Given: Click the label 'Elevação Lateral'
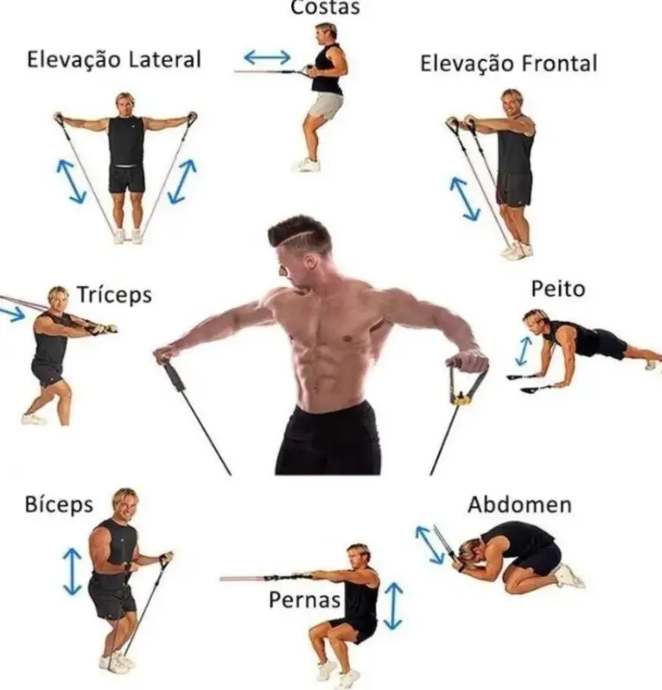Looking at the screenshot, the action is [114, 60].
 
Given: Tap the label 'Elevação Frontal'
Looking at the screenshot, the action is [509, 63].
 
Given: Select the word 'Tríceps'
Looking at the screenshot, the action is [115, 294].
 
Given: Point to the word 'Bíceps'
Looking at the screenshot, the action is [59, 504].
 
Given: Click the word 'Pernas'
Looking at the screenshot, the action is [305, 599].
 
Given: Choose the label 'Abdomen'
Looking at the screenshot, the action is [519, 504].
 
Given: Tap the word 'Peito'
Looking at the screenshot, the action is [558, 289].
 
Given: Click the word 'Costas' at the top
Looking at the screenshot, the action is [326, 8].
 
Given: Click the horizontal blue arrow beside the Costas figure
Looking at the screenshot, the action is [267, 57].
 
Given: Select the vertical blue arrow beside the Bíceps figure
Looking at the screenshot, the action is [73, 571].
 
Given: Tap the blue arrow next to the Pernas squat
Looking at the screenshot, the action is [393, 606].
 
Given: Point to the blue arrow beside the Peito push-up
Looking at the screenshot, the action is [523, 351].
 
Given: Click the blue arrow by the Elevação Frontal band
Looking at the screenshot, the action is [465, 199].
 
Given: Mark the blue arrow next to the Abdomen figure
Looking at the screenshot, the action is [430, 545].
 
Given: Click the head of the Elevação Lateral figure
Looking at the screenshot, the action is [125, 104].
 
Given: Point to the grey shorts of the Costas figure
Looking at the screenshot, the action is [325, 105].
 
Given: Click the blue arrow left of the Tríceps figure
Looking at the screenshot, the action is [12, 314].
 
